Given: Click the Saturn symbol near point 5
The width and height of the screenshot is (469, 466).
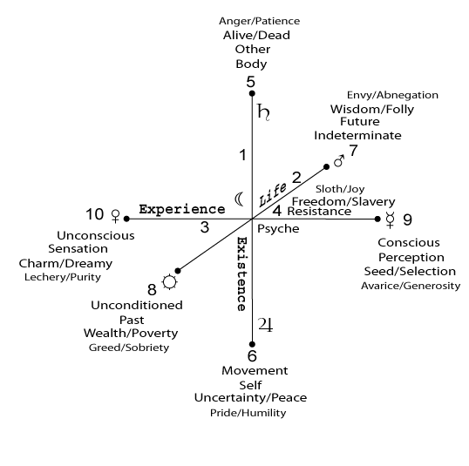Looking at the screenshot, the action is (263, 112).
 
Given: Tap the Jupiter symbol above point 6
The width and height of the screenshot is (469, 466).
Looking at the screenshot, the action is (266, 325).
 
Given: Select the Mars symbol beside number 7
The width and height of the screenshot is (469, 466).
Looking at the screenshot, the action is (339, 161).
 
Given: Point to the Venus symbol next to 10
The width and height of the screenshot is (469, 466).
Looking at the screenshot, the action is (115, 216).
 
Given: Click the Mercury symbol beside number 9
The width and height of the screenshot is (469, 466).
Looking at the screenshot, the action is (391, 219).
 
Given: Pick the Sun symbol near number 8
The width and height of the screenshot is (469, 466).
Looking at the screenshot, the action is (170, 281).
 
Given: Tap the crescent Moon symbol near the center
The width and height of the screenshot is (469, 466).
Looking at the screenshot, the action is (239, 199).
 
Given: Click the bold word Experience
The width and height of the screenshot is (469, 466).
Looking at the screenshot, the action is (182, 209).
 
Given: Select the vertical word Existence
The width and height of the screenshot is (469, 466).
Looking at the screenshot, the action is (241, 274).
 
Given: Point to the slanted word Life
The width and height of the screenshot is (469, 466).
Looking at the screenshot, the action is (272, 195).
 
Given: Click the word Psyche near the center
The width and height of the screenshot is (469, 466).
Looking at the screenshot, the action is (278, 229).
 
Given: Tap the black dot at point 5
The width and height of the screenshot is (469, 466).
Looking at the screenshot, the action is (252, 93).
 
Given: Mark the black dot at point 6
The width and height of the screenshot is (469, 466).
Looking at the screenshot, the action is (252, 344).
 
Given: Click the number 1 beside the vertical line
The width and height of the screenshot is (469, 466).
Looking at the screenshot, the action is (243, 155).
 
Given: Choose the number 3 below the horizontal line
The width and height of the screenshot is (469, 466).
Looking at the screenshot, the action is (205, 227).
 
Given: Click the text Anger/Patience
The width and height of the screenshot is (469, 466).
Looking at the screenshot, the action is (259, 21).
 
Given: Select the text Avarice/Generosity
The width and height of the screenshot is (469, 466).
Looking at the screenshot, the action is (411, 286).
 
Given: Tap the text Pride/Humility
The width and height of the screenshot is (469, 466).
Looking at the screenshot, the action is (248, 413).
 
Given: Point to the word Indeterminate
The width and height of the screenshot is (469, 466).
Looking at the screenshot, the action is (357, 135).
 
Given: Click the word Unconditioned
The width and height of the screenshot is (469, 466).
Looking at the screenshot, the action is (137, 305).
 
